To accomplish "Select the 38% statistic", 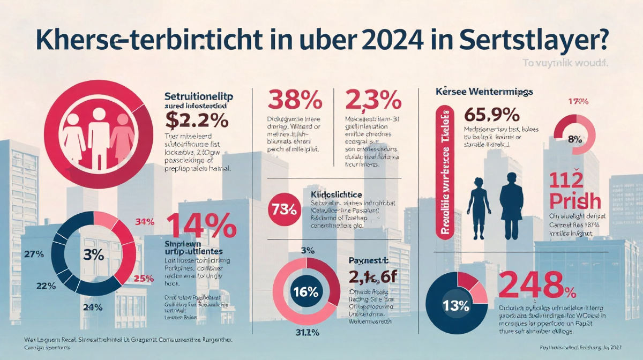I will pyautogui.click(x=294, y=100).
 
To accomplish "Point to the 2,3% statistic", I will pyautogui.click(x=373, y=100).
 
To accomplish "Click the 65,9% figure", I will pyautogui.click(x=491, y=115).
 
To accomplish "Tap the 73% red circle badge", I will pyautogui.click(x=285, y=208).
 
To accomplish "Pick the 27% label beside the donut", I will pyautogui.click(x=34, y=254).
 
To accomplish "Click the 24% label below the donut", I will pyautogui.click(x=93, y=307).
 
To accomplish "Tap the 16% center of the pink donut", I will pyautogui.click(x=306, y=292).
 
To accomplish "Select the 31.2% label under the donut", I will pyautogui.click(x=307, y=332).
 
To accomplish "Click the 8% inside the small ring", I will pyautogui.click(x=574, y=139).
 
